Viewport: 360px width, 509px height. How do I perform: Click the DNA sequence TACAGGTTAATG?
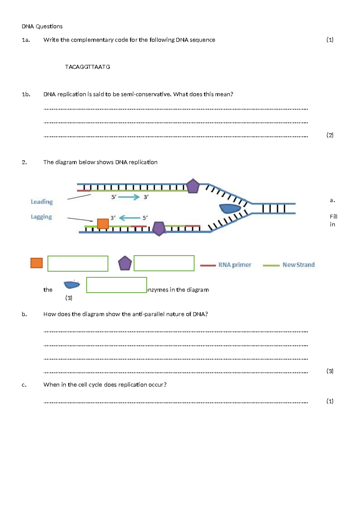pyautogui.click(x=87, y=67)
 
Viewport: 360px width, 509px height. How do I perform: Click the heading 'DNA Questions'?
pyautogui.click(x=42, y=26)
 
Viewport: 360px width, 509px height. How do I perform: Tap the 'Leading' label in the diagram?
pyautogui.click(x=42, y=202)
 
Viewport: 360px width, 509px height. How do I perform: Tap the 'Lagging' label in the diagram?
pyautogui.click(x=41, y=217)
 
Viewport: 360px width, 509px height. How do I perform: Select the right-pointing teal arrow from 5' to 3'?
pyautogui.click(x=129, y=197)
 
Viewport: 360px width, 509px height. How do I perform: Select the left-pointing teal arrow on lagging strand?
pyautogui.click(x=130, y=218)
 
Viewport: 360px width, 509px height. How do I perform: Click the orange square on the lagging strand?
pyautogui.click(x=103, y=224)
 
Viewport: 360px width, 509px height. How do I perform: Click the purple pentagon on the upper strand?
pyautogui.click(x=193, y=186)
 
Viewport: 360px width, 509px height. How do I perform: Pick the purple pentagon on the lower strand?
pyautogui.click(x=159, y=229)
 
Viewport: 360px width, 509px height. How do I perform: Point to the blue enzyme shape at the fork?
pyautogui.click(x=230, y=208)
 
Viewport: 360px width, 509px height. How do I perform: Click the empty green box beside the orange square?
pyautogui.click(x=78, y=264)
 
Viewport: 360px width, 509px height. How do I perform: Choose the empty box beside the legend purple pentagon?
pyautogui.click(x=164, y=263)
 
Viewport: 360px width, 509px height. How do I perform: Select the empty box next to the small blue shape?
pyautogui.click(x=116, y=285)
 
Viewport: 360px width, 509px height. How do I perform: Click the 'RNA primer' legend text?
pyautogui.click(x=235, y=265)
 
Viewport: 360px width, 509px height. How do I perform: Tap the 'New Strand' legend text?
pyautogui.click(x=298, y=265)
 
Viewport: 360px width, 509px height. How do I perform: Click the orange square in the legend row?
pyautogui.click(x=37, y=263)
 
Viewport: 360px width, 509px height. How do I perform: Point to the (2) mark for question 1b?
pyautogui.click(x=330, y=135)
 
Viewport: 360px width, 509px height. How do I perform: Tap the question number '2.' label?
pyautogui.click(x=24, y=162)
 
